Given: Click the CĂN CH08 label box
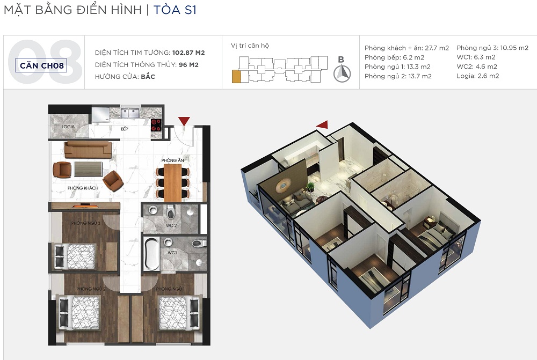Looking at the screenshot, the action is click(x=41, y=65).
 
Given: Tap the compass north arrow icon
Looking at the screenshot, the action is click(x=342, y=74).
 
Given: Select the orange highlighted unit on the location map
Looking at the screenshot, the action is click(x=236, y=76).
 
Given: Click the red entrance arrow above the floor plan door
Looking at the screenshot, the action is click(x=184, y=121).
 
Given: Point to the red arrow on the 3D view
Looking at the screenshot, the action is click(x=323, y=124).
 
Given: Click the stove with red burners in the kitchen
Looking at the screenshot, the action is click(x=156, y=126).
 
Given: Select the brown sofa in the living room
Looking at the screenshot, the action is click(x=89, y=150).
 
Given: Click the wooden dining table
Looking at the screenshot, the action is click(x=172, y=183).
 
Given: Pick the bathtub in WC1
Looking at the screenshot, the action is click(x=151, y=254).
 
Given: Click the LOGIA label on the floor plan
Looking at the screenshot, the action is click(x=68, y=127).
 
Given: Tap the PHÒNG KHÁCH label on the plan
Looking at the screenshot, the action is click(x=83, y=188).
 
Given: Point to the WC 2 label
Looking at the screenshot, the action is click(x=171, y=225).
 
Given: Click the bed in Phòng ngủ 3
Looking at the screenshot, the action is click(x=76, y=256).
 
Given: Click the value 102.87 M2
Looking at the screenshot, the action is click(x=188, y=53).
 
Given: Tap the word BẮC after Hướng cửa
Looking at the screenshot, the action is click(x=148, y=76).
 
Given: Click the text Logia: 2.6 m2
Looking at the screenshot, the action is click(x=477, y=76).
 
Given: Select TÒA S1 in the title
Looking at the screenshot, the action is click(x=175, y=10).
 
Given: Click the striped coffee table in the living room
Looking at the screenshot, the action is click(x=89, y=169).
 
